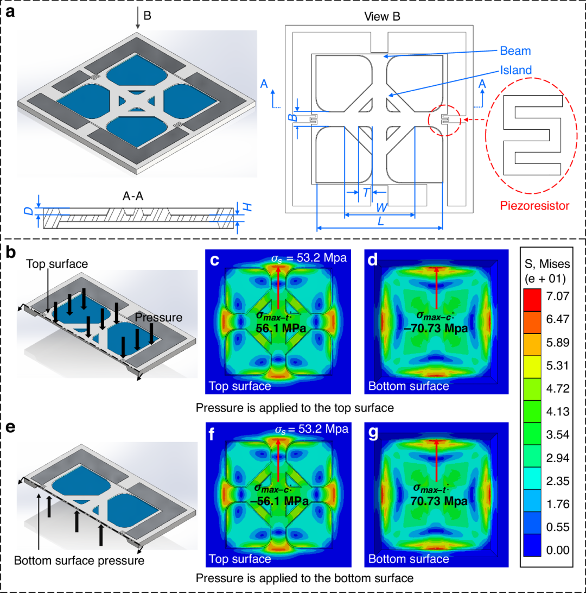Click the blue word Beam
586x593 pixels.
[x=515, y=51]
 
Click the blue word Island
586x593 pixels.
[x=515, y=70]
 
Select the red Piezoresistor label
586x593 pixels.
[x=534, y=206]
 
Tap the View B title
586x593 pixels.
[x=382, y=16]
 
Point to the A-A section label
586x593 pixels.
[x=133, y=196]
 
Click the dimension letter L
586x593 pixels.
[x=381, y=221]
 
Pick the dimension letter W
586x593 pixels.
[x=381, y=207]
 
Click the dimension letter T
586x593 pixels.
[x=366, y=193]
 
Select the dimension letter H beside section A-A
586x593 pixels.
[x=247, y=207]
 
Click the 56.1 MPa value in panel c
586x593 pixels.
[x=281, y=328]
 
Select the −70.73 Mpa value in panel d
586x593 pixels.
[x=436, y=328]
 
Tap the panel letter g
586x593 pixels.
[x=373, y=433]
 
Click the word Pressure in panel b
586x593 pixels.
[x=158, y=317]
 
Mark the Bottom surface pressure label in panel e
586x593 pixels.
[x=79, y=560]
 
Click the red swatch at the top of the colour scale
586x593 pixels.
[x=532, y=300]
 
